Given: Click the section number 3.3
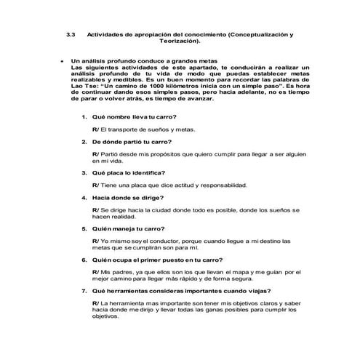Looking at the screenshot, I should pyautogui.click(x=71, y=34).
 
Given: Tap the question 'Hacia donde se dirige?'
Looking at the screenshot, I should pyautogui.click(x=127, y=197).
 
